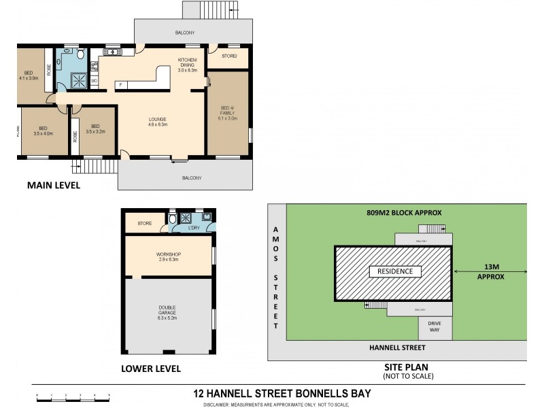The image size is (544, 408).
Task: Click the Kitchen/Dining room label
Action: click(x=187, y=65)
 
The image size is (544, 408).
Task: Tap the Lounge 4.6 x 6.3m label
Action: click(x=158, y=122)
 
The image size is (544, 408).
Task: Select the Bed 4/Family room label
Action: click(x=228, y=113)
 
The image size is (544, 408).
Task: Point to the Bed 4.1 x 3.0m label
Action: click(x=29, y=75)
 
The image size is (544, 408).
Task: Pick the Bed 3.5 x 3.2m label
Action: click(x=95, y=129)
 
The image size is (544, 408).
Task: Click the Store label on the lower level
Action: click(x=144, y=223)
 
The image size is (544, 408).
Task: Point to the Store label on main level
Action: click(x=228, y=56)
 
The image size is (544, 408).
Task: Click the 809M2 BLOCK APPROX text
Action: click(x=406, y=212)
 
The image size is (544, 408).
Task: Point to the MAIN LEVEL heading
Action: click(x=53, y=185)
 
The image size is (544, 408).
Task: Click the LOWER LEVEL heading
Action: click(x=150, y=369)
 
